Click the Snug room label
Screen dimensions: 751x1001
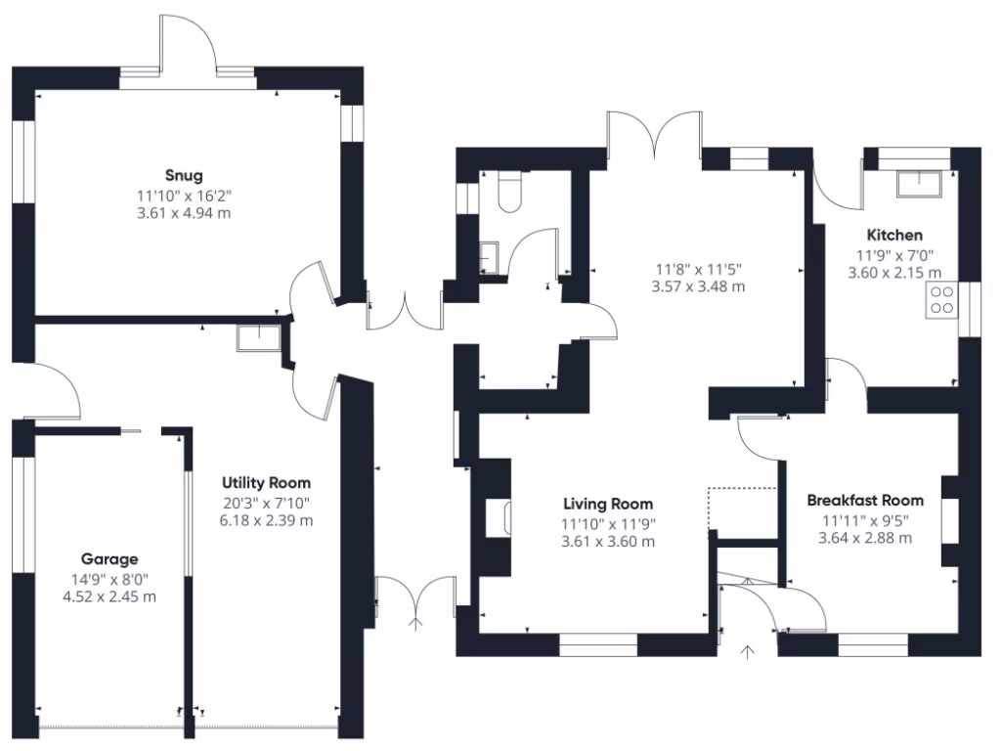184,176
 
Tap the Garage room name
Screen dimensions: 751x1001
109,559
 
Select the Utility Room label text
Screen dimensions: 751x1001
266,483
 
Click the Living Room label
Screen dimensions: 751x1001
607,505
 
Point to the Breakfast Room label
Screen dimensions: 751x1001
865,501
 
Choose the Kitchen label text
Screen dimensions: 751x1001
894,236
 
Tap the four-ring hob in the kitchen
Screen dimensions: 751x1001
942,300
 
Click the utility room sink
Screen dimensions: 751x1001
258,337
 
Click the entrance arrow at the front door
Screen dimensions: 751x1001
750,653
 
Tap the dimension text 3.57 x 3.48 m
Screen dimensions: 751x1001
698,287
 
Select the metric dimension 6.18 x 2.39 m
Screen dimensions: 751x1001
267,520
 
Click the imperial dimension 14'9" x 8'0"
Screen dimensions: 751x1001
109,578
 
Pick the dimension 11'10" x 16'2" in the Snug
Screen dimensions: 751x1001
184,195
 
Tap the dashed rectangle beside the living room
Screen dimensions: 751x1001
742,508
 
